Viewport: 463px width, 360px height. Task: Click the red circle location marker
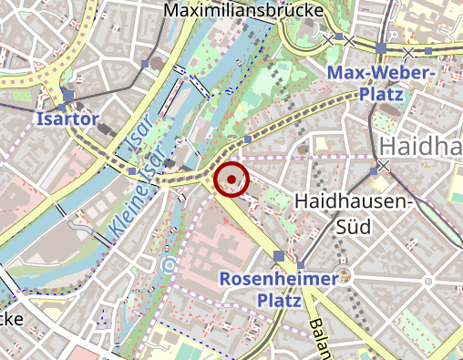pyautogui.click(x=231, y=179)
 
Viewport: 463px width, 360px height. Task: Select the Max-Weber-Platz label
pyautogui.click(x=381, y=82)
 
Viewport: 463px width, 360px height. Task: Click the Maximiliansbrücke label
pyautogui.click(x=231, y=10)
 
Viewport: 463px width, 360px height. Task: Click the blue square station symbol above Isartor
pyautogui.click(x=69, y=96)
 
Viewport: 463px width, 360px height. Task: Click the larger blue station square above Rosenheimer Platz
pyautogui.click(x=279, y=256)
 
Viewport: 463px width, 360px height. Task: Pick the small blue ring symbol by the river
pyautogui.click(x=168, y=264)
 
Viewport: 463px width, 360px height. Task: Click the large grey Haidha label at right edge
pyautogui.click(x=420, y=146)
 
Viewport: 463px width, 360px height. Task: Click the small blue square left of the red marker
pyautogui.click(x=133, y=170)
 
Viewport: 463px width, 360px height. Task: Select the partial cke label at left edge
pyautogui.click(x=11, y=319)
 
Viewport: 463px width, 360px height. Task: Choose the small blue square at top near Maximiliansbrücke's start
pyautogui.click(x=146, y=64)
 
